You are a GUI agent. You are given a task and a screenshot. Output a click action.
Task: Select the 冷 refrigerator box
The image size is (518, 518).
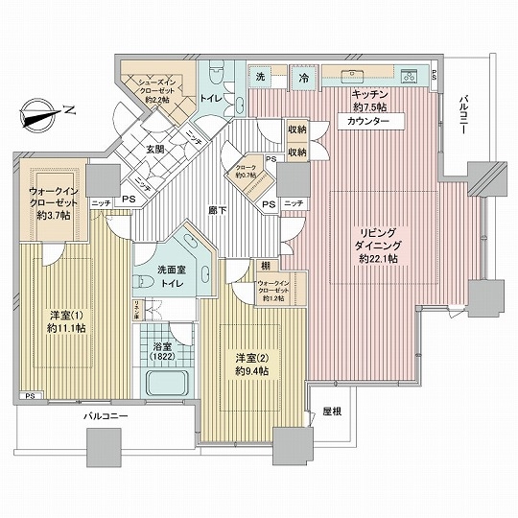[302, 78]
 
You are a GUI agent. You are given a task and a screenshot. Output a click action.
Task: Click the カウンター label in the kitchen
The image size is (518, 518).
[368, 122]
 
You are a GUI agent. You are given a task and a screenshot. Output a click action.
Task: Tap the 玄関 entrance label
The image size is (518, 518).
[156, 149]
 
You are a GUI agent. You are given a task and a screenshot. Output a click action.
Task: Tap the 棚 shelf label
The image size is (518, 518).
[263, 264]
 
